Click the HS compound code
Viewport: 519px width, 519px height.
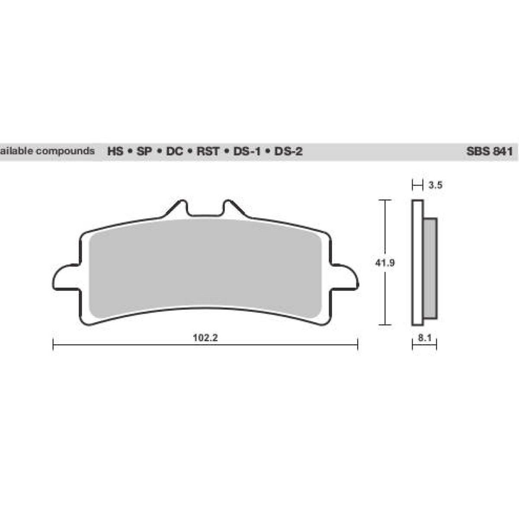115,151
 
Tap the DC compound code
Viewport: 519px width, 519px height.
175,151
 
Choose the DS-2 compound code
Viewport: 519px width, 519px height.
288,151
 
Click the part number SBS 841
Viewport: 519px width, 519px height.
489,151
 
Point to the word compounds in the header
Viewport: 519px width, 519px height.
65,151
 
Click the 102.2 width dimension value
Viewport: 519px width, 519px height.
205,338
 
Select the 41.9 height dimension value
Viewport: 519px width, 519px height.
384,263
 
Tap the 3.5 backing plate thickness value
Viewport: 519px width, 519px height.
435,186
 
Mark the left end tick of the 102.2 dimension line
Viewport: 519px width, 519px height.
53,345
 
